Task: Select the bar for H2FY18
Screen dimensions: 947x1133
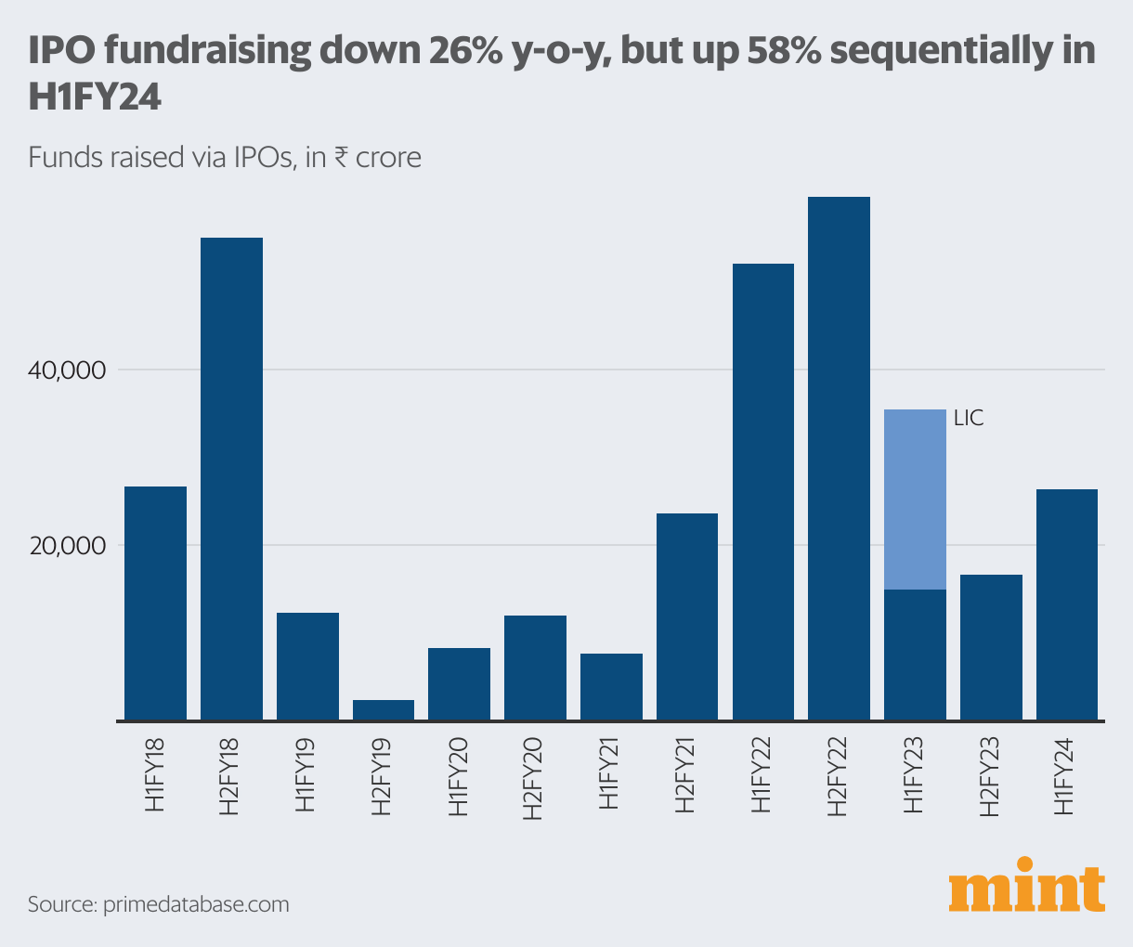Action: [231, 478]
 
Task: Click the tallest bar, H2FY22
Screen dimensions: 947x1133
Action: [839, 458]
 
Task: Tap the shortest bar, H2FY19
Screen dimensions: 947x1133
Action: [384, 709]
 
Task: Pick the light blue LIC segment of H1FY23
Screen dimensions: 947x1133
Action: [915, 499]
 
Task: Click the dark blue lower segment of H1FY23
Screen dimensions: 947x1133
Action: [915, 654]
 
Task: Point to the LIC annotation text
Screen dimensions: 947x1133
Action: [968, 419]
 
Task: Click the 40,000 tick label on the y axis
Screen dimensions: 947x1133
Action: [69, 370]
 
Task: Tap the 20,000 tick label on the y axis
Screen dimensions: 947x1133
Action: [69, 545]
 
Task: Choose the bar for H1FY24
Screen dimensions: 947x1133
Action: [1066, 603]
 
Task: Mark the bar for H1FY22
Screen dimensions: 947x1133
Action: [763, 491]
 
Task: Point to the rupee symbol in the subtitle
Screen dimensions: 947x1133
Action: [341, 157]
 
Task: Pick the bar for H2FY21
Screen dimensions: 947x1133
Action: [687, 616]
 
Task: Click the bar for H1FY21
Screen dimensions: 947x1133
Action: [611, 686]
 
